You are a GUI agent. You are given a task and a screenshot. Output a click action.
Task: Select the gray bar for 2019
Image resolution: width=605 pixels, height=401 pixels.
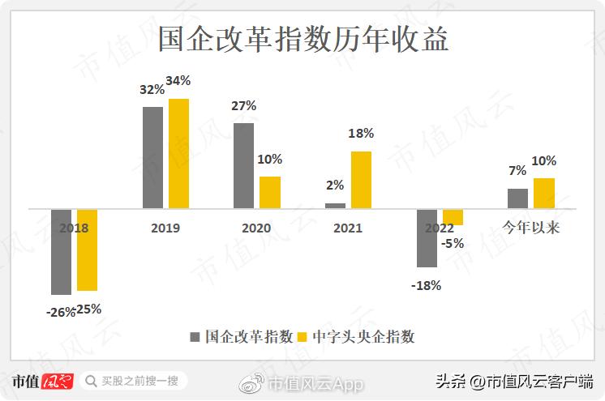coord(152,157)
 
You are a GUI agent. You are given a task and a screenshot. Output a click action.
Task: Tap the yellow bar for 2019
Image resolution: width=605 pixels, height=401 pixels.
coord(178,154)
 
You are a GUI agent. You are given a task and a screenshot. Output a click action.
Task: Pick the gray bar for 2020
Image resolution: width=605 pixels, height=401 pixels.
coord(244,165)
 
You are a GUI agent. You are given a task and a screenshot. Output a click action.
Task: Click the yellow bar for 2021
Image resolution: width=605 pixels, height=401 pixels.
coord(361,180)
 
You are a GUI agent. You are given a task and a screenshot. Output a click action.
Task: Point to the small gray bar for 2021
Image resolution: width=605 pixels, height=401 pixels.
coord(335,206)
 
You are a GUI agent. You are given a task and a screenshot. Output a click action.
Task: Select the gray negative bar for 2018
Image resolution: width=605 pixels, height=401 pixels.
coord(61,251)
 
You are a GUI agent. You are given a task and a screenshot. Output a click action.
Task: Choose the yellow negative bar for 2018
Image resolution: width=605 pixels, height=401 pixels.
coord(87,250)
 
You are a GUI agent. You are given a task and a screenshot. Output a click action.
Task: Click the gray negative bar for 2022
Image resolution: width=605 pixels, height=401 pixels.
coord(427,237)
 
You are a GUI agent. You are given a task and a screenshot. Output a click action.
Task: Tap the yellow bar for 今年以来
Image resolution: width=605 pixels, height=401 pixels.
coord(544,193)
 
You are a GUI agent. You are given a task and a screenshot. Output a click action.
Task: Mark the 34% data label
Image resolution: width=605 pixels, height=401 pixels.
coord(178,81)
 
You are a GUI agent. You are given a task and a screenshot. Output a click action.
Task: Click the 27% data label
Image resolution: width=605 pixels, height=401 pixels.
coord(244,105)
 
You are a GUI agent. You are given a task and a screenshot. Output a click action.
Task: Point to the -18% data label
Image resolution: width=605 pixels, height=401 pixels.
coord(426,285)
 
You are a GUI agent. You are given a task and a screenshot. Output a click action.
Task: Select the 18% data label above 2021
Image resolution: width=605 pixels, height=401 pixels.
coord(361,134)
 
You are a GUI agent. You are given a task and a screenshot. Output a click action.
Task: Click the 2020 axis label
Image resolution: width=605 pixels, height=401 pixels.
coord(256,228)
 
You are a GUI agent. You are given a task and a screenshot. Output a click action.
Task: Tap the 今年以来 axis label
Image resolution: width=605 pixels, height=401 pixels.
coord(531,228)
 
